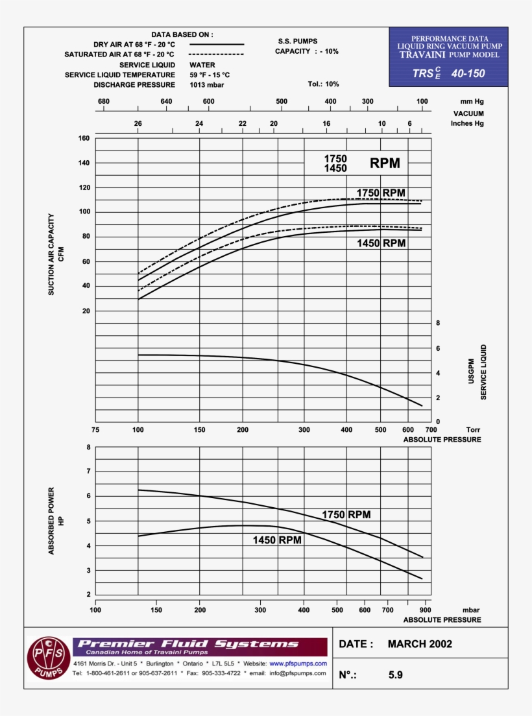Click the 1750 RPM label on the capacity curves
[x=381, y=193]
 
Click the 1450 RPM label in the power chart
[x=277, y=540]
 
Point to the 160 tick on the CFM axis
[x=84, y=138]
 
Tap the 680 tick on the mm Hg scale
[x=103, y=102]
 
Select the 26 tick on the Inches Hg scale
[x=138, y=123]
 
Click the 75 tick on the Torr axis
[x=95, y=430]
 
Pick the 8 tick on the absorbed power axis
[x=88, y=447]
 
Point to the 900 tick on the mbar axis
[x=424, y=610]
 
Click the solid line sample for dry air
[x=217, y=44]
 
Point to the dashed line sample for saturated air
[x=217, y=54]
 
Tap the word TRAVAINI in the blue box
[x=422, y=56]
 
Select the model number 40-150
[x=468, y=73]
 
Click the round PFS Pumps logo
[x=46, y=658]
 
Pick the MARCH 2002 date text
[x=420, y=644]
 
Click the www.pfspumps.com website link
[x=298, y=664]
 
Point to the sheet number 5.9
[x=396, y=674]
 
